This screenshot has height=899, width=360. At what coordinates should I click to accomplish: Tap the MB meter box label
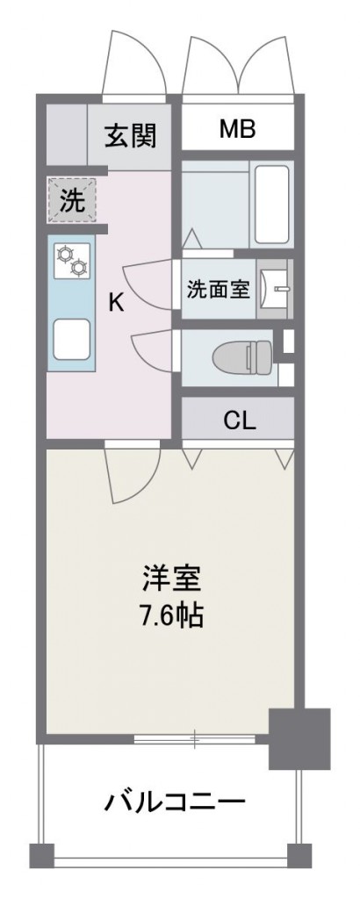(237, 131)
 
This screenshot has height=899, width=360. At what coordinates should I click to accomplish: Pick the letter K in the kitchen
(115, 302)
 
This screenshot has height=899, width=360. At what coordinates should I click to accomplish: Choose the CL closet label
(239, 421)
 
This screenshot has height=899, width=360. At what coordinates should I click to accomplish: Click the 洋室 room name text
(172, 579)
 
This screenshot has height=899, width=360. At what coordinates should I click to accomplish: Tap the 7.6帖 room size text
(172, 615)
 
